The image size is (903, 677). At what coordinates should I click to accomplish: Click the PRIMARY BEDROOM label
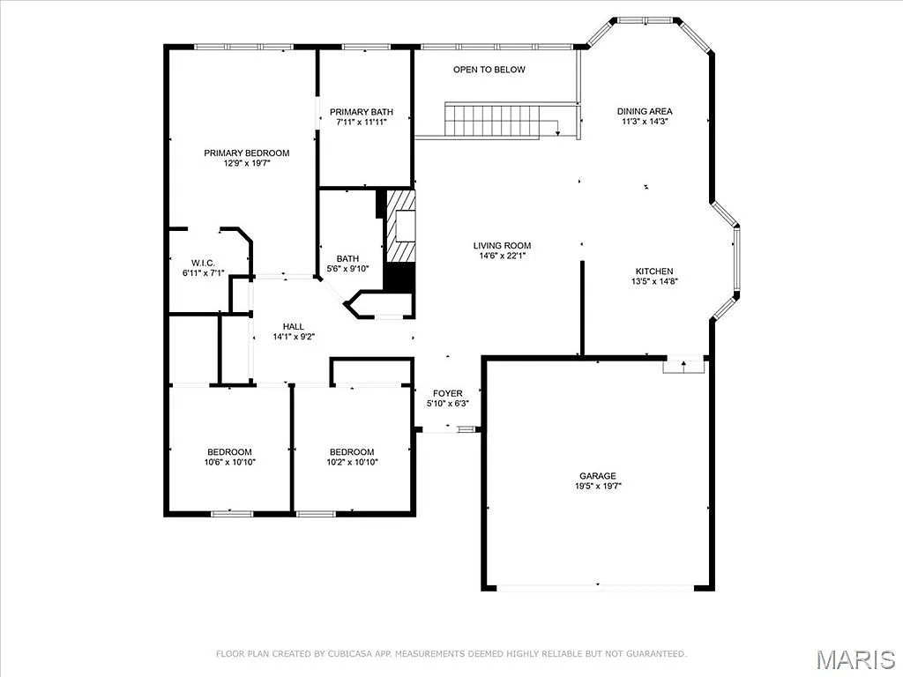(x=246, y=153)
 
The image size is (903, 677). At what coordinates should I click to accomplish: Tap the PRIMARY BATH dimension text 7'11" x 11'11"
(x=362, y=123)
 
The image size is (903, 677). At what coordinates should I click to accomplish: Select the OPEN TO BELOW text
(x=489, y=70)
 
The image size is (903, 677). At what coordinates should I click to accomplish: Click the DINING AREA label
(x=644, y=111)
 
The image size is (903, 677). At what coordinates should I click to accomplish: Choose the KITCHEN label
(x=653, y=271)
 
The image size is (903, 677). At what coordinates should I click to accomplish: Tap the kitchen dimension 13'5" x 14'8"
(x=653, y=282)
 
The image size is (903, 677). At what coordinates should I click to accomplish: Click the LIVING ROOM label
(x=502, y=246)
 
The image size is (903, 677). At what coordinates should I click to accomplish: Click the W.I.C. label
(x=203, y=263)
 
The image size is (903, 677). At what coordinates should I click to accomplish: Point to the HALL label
(x=294, y=326)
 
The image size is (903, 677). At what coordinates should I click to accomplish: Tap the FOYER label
(x=447, y=393)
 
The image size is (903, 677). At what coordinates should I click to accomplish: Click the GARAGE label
(x=598, y=476)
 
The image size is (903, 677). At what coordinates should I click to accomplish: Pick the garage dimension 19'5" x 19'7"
(x=598, y=487)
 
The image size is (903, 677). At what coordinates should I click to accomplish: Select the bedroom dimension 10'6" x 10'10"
(x=229, y=462)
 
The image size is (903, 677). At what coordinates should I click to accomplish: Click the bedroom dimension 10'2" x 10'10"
(x=352, y=462)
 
